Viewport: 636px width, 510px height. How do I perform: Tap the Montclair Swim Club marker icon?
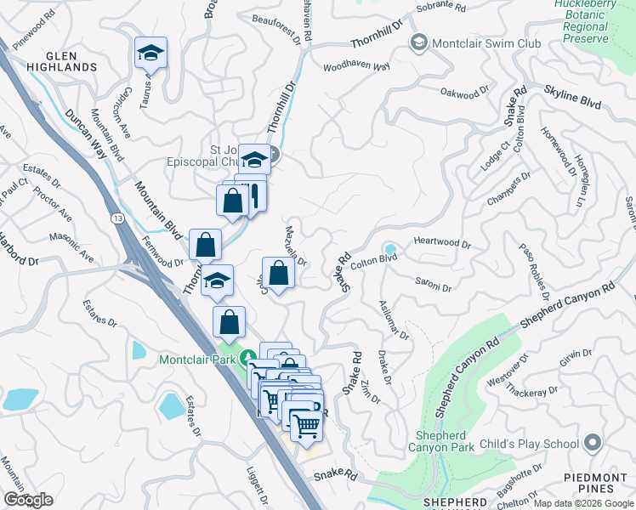pos(418,42)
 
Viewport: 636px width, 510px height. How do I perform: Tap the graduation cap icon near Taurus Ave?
pos(151,54)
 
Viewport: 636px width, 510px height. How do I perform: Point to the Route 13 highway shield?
pos(117,219)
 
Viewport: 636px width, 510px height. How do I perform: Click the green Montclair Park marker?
pos(247,359)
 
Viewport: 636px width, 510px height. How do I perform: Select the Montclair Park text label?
pos(198,360)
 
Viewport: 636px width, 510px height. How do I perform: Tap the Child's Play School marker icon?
pos(593,443)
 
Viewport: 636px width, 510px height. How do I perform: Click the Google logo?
pos(28,500)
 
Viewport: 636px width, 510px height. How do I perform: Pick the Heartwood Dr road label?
pos(442,242)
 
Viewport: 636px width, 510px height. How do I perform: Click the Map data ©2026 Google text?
pos(583,503)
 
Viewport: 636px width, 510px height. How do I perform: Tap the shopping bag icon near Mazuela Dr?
pos(278,273)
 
